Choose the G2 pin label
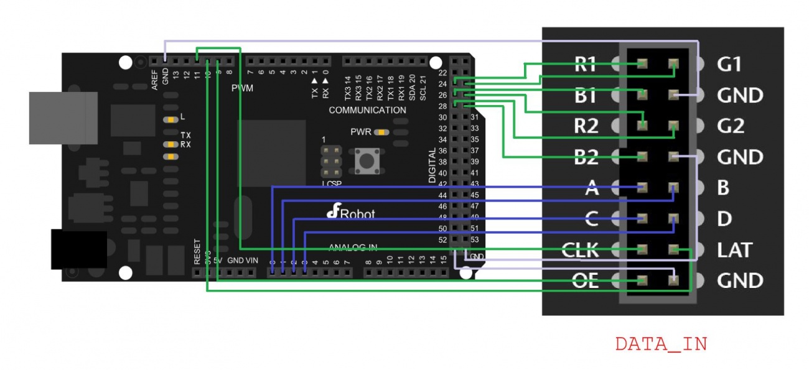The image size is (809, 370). click(730, 126)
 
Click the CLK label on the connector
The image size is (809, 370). click(580, 250)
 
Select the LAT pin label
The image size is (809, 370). click(734, 250)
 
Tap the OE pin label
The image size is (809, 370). click(584, 281)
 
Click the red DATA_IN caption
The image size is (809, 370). click(661, 344)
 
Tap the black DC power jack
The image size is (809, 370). click(78, 249)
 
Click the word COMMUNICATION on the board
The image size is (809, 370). click(367, 110)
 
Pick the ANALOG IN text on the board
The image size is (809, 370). click(353, 247)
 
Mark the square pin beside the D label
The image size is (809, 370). click(673, 219)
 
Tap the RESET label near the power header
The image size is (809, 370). click(197, 252)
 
